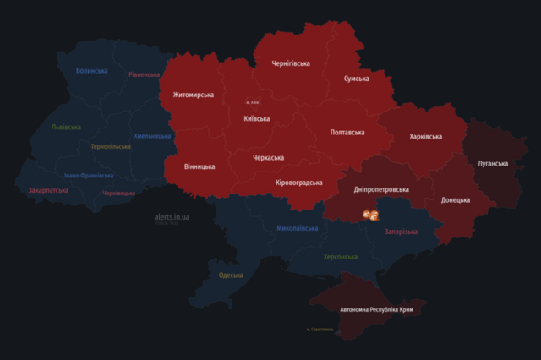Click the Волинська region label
(91, 71)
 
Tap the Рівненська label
(144, 74)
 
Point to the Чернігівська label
(291, 63)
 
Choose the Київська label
(256, 118)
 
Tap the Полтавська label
(347, 133)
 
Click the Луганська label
(492, 163)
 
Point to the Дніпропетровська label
(380, 190)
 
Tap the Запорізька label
(400, 232)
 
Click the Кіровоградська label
(298, 183)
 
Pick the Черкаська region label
(268, 157)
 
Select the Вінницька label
(200, 166)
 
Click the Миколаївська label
(298, 228)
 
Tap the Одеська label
(231, 275)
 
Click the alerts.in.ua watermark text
(172, 217)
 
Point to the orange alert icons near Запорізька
(369, 216)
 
